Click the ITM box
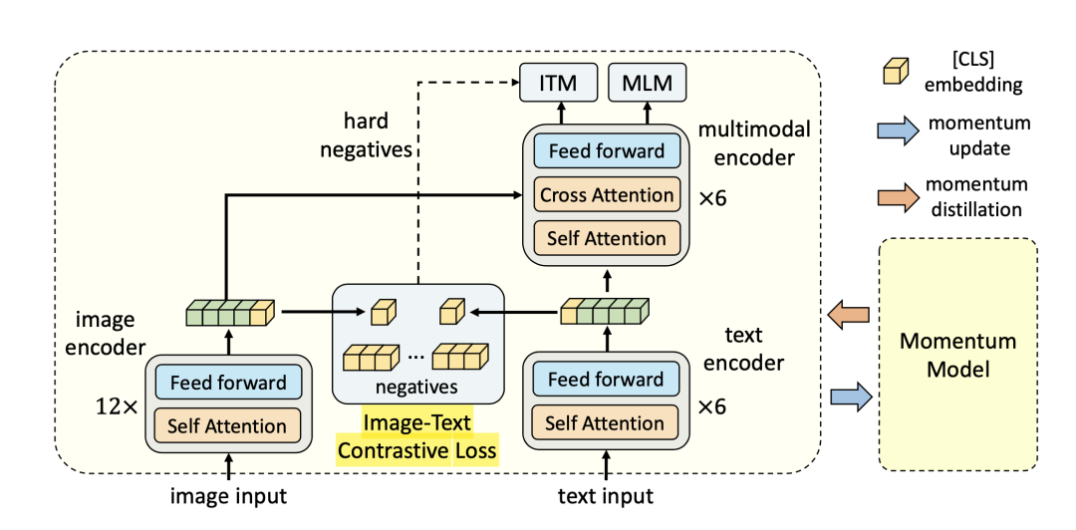(x=558, y=83)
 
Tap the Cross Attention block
(x=607, y=194)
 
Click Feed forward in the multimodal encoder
(x=607, y=150)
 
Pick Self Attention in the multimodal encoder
(x=607, y=238)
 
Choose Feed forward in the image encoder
(x=228, y=383)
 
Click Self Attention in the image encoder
(x=228, y=425)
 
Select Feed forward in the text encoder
(x=606, y=380)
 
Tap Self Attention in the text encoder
(x=606, y=423)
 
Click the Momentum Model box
(x=957, y=355)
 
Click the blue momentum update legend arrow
(x=895, y=133)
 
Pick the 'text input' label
(x=606, y=496)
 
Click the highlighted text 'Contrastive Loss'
(x=416, y=450)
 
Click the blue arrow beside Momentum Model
(x=850, y=397)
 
